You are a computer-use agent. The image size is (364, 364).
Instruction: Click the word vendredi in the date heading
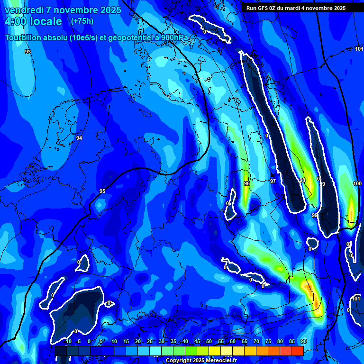tap(24, 10)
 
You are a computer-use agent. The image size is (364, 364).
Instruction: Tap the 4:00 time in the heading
tap(18, 21)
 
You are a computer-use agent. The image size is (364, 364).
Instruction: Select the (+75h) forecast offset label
tap(82, 21)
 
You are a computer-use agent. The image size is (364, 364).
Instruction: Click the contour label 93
tap(28, 52)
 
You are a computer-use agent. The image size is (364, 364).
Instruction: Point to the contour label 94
tap(79, 138)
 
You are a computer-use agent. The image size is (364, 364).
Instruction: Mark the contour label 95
tap(102, 191)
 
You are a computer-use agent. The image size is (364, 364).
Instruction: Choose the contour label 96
tap(246, 183)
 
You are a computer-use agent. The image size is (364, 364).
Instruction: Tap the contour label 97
tap(273, 182)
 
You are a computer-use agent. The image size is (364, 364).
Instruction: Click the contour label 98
tap(302, 180)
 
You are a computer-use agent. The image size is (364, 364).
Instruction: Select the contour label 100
tap(357, 183)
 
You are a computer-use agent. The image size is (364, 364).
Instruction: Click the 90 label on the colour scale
tap(303, 342)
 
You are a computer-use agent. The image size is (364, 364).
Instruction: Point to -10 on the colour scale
tap(68, 342)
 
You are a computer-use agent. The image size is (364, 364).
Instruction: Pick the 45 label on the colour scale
tap(197, 342)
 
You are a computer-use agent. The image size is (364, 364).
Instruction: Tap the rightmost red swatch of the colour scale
tap(297, 351)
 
